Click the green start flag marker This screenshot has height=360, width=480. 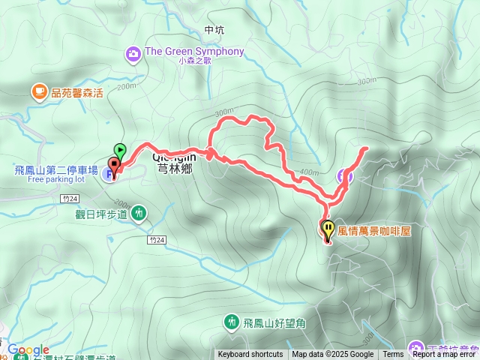120,149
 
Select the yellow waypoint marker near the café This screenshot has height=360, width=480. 328,227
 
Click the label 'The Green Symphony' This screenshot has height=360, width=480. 194,51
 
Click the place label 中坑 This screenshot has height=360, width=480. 214,31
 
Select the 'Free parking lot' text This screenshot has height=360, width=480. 56,180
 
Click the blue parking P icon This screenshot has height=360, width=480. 110,175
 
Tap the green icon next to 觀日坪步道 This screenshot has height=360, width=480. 139,214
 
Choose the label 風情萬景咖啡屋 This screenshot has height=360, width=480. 376,231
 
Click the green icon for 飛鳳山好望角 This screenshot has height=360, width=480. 231,322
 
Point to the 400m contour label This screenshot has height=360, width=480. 309,172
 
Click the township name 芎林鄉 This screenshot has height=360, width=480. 175,169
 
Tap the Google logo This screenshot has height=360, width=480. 28,349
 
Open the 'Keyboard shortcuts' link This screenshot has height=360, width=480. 250,355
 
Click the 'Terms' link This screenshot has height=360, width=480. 393,355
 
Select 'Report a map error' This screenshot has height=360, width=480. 444,355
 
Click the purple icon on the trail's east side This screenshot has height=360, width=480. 343,176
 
